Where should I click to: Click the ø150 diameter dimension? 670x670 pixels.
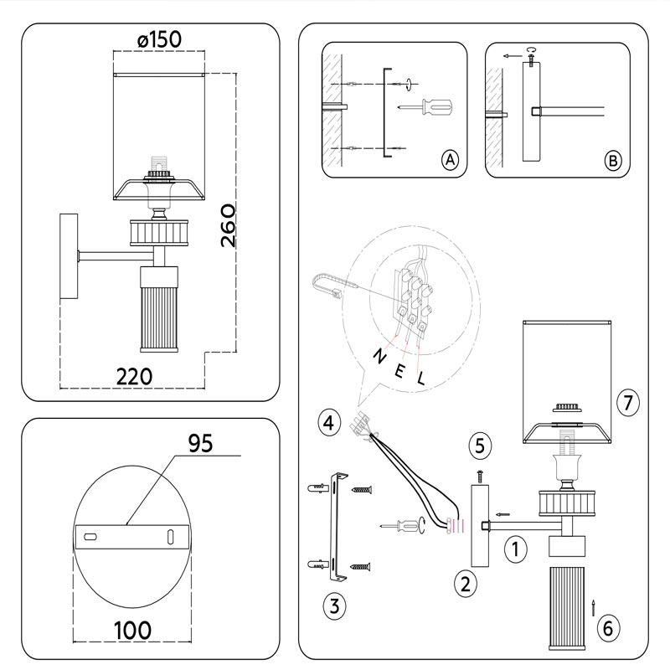[x=158, y=39]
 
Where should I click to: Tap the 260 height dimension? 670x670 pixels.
[x=229, y=224]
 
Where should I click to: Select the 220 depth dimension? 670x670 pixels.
[x=134, y=376]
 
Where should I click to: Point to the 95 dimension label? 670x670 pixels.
[x=200, y=444]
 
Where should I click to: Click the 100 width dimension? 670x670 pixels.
[x=133, y=628]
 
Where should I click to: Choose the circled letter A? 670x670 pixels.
[x=450, y=160]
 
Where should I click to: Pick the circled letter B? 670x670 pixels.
[x=613, y=160]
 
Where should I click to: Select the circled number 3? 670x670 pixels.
[x=333, y=606]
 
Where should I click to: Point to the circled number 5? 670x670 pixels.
[x=480, y=445]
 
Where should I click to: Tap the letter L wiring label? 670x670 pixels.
[x=421, y=378]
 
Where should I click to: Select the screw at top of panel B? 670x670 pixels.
[x=532, y=59]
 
